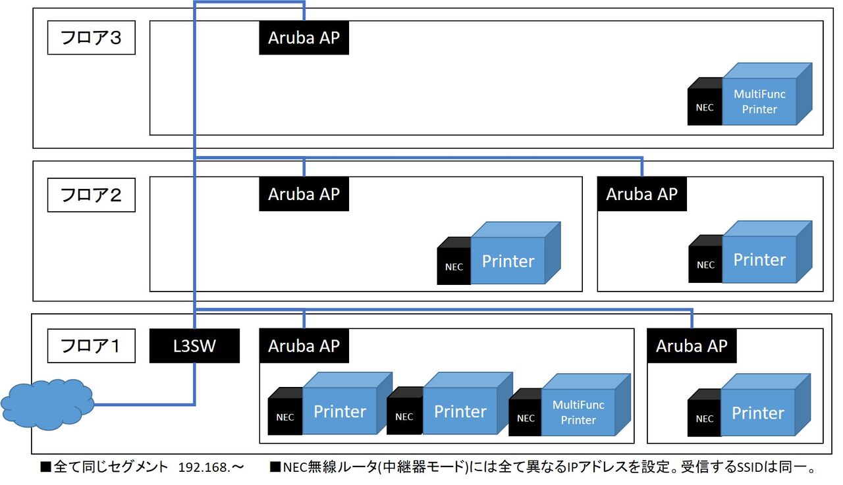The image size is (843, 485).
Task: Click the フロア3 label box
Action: pos(92,39)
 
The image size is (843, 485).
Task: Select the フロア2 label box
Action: pos(92,195)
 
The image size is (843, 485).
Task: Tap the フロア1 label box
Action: pos(92,345)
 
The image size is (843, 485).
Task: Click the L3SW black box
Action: pos(194,346)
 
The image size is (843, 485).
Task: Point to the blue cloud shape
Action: pos(47,401)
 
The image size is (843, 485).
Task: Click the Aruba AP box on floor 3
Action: pos(304,38)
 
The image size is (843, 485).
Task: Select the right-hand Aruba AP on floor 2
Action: pos(641,194)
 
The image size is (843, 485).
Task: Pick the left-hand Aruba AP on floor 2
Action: pos(304,194)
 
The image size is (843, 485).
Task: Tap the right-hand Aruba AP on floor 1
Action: pos(692,345)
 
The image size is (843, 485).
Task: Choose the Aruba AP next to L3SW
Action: pos(304,345)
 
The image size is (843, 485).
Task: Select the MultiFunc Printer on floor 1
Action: pos(578,412)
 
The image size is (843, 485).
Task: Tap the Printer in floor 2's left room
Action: pos(508,261)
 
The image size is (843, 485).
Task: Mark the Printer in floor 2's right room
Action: pos(760,259)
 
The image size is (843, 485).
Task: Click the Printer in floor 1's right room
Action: pos(758,413)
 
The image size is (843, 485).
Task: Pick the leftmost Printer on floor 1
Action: pos(340,412)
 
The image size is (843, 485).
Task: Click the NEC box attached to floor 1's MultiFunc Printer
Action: pos(526,417)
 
